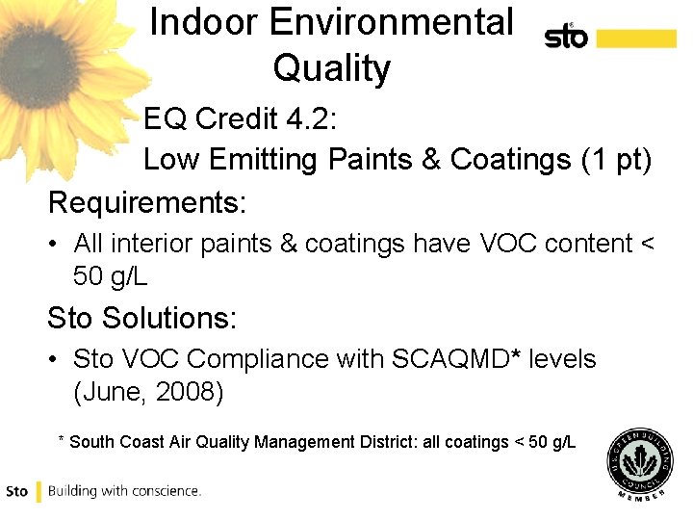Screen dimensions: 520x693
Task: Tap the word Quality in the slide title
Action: pyautogui.click(x=331, y=68)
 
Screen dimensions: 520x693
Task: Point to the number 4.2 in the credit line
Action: pyautogui.click(x=308, y=118)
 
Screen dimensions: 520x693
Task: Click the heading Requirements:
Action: pyautogui.click(x=147, y=203)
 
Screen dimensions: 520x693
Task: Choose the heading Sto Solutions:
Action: pyautogui.click(x=142, y=317)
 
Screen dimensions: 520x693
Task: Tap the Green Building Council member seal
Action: pyautogui.click(x=642, y=463)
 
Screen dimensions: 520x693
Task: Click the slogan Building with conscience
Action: pyautogui.click(x=124, y=491)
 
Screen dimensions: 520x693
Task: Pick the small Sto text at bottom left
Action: pyautogui.click(x=17, y=491)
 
